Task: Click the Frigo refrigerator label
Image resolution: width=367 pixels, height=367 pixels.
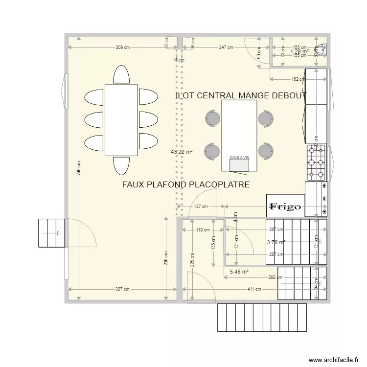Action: point(285,207)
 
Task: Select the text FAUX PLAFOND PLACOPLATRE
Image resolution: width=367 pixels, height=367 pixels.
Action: point(186,184)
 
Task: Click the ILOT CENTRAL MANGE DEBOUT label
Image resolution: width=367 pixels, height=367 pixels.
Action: point(241,96)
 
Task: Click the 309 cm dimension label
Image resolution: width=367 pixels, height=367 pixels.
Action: point(123,47)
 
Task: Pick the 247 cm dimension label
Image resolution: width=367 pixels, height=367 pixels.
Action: point(226,47)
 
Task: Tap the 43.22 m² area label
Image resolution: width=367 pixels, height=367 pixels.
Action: point(182,152)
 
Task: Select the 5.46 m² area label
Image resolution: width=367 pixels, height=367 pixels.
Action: point(239,272)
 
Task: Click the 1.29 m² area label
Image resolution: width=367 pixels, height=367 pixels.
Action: point(299,51)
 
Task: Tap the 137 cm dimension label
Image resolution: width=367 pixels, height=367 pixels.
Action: point(201,206)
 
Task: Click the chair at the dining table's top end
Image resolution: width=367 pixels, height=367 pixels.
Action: point(121,75)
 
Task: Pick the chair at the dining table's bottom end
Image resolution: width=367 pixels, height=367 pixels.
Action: point(121,165)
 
